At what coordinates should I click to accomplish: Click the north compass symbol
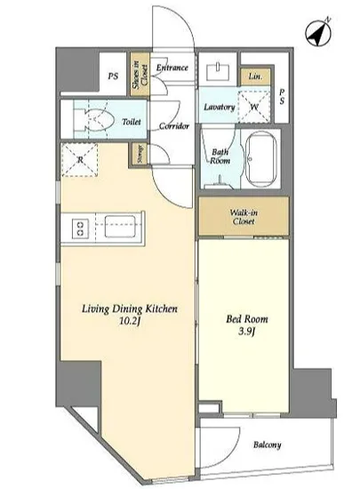coord(318,32)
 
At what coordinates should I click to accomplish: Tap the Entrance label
coord(172,68)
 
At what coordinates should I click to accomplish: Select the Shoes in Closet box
coord(140,74)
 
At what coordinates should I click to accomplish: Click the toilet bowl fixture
coord(94,119)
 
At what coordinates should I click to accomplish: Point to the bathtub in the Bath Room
coord(261,158)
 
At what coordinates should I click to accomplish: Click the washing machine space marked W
coord(254,107)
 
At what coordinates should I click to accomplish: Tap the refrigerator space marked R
coord(80,160)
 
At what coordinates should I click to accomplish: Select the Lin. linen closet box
coord(255,76)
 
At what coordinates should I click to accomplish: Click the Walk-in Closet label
coord(244,217)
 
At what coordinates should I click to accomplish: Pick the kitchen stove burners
coord(80,228)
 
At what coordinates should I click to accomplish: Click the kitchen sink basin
coord(120,227)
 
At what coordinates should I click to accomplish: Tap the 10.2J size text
coord(130,321)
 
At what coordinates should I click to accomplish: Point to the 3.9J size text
coord(247,332)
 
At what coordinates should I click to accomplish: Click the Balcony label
coord(268,445)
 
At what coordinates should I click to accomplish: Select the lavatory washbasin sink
coord(218,71)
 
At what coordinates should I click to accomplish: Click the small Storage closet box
coord(140,154)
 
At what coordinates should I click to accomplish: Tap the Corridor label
coord(174,126)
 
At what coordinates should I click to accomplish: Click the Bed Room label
coord(247,318)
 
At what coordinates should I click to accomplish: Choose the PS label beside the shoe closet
coord(113,76)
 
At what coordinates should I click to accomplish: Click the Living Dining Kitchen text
coord(130,309)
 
